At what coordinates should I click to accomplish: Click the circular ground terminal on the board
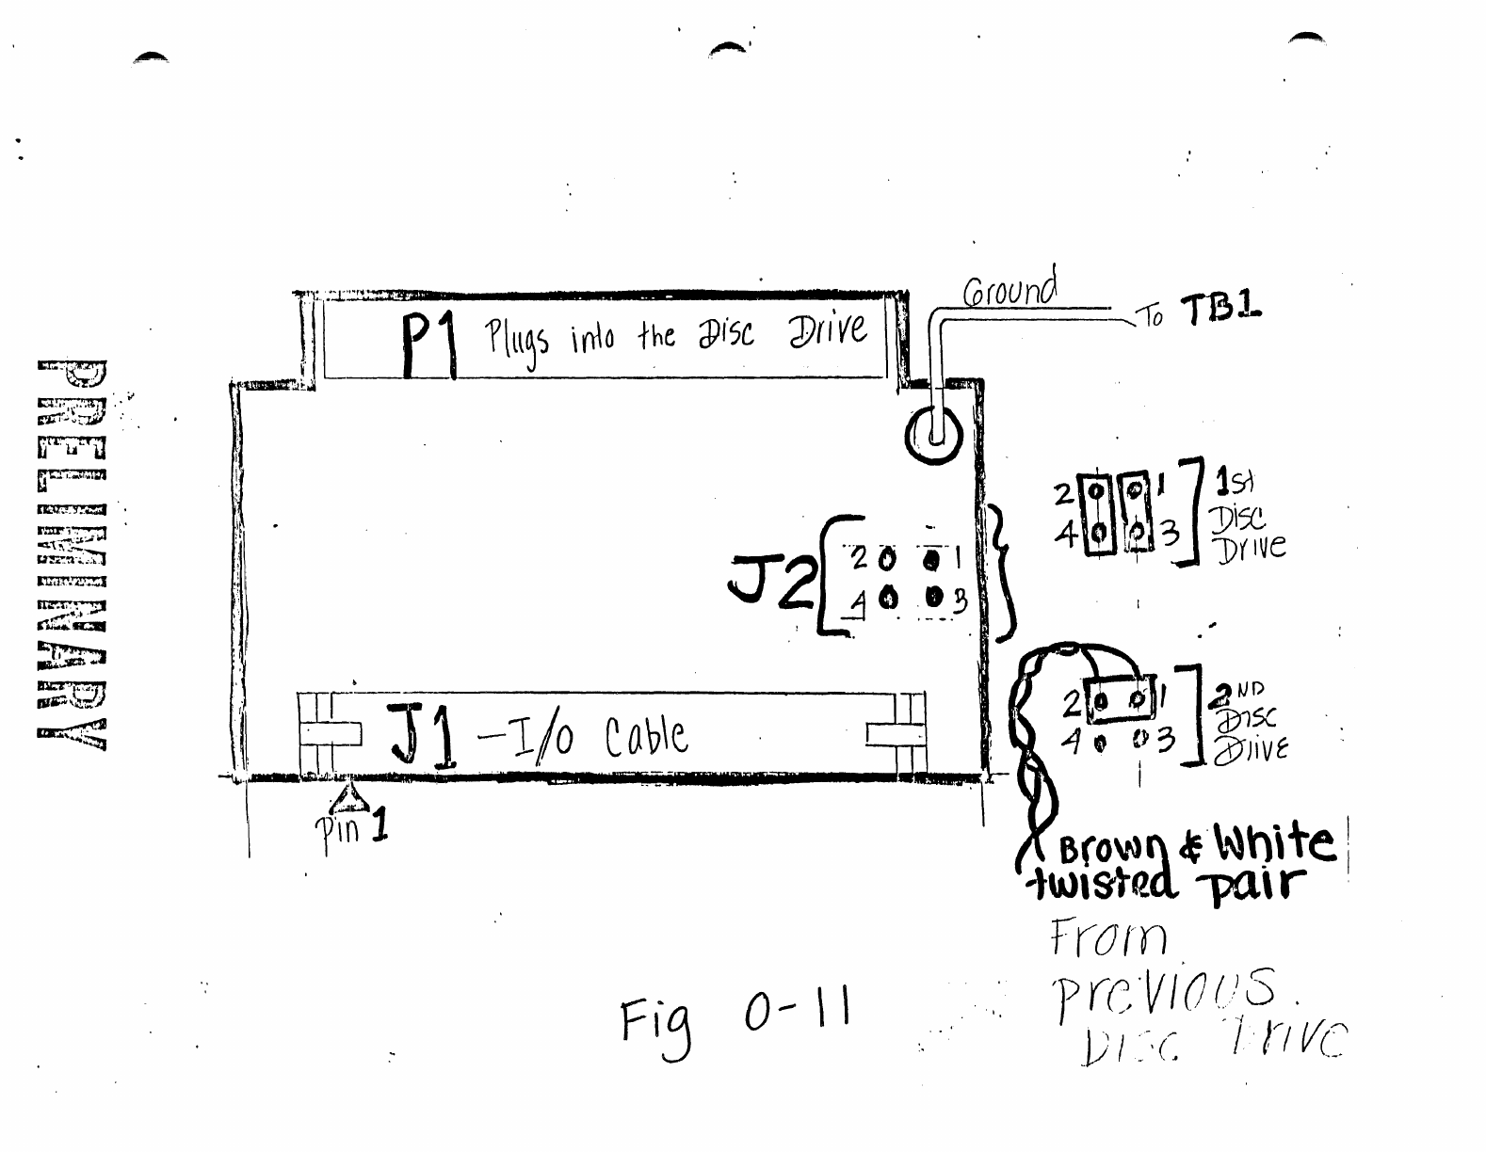pyautogui.click(x=935, y=436)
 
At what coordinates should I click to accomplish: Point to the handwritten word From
pyautogui.click(x=1108, y=939)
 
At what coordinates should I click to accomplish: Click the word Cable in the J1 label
pyautogui.click(x=646, y=737)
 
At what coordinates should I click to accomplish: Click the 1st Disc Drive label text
pyautogui.click(x=1249, y=516)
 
